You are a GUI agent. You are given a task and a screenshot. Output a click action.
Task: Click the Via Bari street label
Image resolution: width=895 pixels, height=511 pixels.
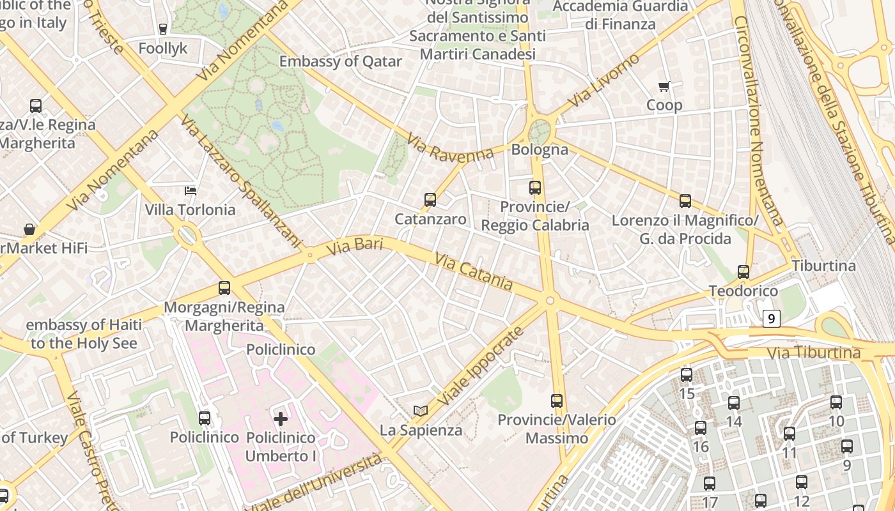tap(354, 246)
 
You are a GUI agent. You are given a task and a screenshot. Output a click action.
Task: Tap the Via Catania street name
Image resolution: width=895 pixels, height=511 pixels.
tap(474, 271)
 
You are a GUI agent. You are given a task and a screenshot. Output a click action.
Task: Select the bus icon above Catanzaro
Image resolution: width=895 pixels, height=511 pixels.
tap(430, 200)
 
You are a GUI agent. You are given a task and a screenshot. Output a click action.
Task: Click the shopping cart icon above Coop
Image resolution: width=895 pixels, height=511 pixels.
tap(664, 86)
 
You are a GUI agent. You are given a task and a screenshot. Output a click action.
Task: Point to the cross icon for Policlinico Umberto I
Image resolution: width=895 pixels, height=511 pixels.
tap(280, 419)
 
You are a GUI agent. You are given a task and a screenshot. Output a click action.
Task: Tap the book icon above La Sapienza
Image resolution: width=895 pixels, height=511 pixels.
tap(420, 411)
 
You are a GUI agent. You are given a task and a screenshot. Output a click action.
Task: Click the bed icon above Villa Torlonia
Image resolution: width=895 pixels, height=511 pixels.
tap(191, 190)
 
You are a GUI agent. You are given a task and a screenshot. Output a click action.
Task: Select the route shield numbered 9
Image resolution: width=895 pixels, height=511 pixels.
tap(772, 318)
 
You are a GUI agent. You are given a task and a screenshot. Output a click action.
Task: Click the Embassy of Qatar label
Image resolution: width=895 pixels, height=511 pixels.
tap(340, 62)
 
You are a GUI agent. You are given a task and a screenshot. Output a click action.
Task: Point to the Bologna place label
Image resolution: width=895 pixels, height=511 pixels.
tap(540, 149)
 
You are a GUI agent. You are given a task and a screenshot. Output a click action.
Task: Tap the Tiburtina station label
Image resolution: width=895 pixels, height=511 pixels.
tap(823, 266)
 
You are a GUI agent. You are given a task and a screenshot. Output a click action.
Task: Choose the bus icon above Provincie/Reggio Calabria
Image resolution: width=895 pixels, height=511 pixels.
tap(535, 188)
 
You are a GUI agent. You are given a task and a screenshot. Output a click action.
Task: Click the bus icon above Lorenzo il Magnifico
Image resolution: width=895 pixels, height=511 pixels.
tap(685, 201)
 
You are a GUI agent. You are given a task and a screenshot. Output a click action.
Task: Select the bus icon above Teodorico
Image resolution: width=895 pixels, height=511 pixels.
tap(743, 272)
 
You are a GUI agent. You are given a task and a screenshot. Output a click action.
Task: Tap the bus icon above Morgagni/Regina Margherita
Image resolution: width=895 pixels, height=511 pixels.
tap(224, 288)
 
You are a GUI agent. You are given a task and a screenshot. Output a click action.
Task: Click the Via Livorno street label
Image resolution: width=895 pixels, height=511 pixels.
tap(603, 81)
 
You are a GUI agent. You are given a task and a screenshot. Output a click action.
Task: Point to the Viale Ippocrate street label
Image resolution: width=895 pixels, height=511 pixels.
tap(481, 369)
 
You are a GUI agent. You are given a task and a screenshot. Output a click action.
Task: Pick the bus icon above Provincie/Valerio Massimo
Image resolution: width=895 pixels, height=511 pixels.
tap(557, 401)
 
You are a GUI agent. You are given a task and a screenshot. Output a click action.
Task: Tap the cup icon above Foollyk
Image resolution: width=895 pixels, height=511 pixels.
tap(163, 29)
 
